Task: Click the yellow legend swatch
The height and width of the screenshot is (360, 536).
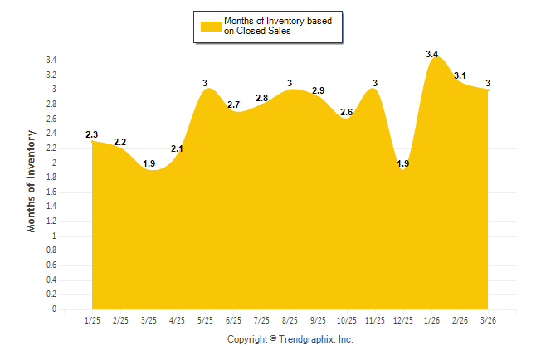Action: point(211,26)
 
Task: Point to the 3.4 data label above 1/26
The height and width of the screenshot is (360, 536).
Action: point(431,54)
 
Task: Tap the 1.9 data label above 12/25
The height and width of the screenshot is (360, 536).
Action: point(403,163)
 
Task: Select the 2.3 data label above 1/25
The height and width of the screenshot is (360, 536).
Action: point(92,134)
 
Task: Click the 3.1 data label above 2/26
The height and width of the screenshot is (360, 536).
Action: point(460,76)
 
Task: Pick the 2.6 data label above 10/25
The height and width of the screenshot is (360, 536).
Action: point(347,112)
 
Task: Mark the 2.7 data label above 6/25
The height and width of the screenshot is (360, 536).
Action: point(233,105)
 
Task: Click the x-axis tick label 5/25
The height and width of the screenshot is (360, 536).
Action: point(205,320)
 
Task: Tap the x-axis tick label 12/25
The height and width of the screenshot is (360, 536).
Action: point(403,320)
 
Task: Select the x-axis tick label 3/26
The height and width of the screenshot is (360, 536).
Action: point(488,320)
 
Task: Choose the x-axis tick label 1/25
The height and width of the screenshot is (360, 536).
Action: point(92,320)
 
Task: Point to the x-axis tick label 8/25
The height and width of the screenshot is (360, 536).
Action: point(290,320)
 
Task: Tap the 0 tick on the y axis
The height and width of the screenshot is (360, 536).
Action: point(54,309)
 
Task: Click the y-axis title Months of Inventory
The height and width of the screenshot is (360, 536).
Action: point(32,180)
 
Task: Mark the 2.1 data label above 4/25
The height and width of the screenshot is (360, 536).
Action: point(177,148)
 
